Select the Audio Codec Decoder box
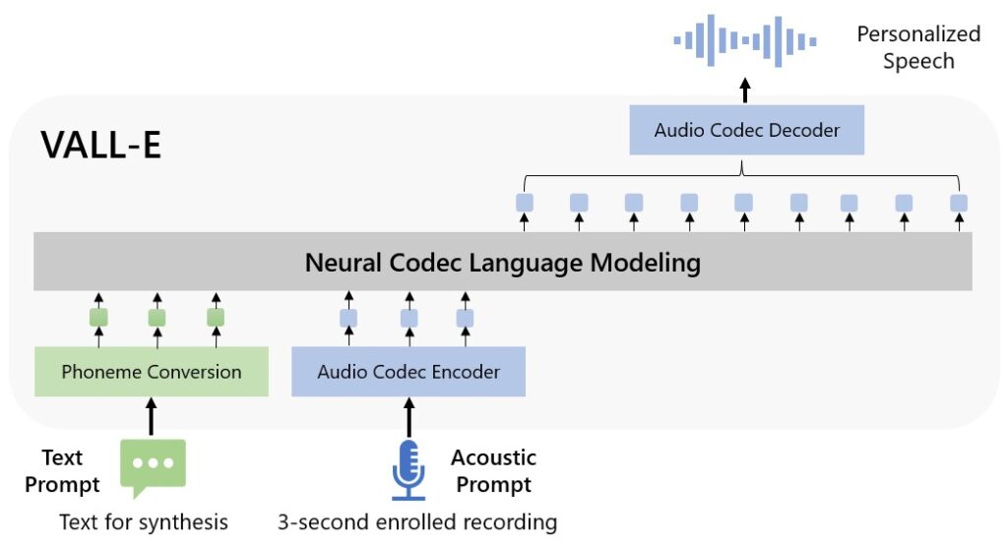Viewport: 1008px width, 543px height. [747, 131]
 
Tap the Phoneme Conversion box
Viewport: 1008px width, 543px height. [151, 372]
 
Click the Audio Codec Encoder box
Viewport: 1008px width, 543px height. [409, 372]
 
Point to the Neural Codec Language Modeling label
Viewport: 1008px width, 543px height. [502, 263]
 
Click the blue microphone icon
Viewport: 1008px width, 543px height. [409, 470]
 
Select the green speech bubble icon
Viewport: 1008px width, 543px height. [152, 468]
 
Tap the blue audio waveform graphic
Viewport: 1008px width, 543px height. [745, 40]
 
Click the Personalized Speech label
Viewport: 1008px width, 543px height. [917, 47]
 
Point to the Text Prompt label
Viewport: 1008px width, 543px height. [62, 470]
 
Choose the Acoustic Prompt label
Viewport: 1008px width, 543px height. [493, 470]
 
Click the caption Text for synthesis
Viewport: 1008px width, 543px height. [144, 521]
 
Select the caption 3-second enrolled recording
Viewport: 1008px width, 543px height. [416, 521]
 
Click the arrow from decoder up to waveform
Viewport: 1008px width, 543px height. [745, 90]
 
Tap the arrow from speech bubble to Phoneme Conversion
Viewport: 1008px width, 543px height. [152, 417]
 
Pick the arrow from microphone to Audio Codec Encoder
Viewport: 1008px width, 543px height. [409, 417]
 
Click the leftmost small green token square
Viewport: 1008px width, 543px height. [98, 318]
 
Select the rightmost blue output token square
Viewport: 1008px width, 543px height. [958, 204]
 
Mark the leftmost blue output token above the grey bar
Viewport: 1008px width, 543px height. [525, 204]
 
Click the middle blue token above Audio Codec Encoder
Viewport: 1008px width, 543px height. [409, 318]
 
